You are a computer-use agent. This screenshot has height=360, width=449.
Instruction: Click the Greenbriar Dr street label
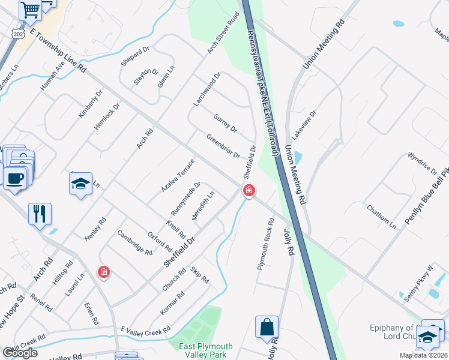[x=223, y=146]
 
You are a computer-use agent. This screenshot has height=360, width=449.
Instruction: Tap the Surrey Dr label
[x=226, y=121]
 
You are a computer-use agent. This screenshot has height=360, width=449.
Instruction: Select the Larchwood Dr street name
[x=207, y=90]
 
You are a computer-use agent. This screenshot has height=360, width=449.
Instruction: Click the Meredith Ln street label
[x=203, y=206]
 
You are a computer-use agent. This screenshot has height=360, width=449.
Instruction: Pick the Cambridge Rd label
[x=134, y=243]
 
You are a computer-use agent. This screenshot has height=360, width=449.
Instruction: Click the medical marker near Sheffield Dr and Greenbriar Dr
[x=249, y=191]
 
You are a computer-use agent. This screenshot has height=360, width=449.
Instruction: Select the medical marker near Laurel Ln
[x=104, y=272]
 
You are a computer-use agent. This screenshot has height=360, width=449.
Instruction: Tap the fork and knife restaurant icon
[x=40, y=213]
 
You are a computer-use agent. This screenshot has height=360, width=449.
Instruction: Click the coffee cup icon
[x=14, y=178]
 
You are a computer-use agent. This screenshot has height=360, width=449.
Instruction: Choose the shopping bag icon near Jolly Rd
[x=267, y=328]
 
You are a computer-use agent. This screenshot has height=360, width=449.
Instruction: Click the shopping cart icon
[x=29, y=9]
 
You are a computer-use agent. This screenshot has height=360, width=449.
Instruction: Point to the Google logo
[x=20, y=353]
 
